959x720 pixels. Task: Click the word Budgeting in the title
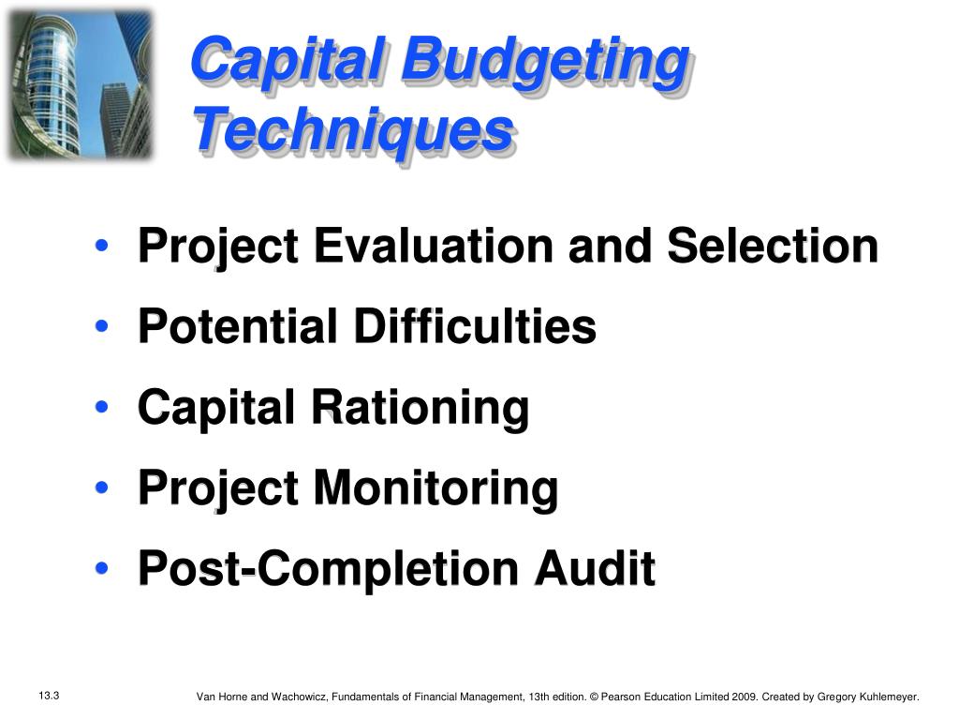[x=546, y=64]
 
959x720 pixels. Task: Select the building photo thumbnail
[x=80, y=84]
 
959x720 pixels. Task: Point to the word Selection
[x=773, y=246]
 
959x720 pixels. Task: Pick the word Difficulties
[x=475, y=325]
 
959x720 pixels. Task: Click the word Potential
[x=239, y=325]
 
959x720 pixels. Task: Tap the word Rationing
[x=420, y=408]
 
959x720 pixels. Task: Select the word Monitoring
[x=435, y=488]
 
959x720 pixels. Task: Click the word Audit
[x=595, y=568]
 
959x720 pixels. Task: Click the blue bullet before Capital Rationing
[x=102, y=407]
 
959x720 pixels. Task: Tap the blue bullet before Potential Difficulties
[x=102, y=325]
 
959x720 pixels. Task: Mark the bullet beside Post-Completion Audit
[x=102, y=568]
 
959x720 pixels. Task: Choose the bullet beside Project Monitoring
[x=102, y=487]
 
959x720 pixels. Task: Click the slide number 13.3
[x=49, y=696]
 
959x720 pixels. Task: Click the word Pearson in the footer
[x=621, y=697]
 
